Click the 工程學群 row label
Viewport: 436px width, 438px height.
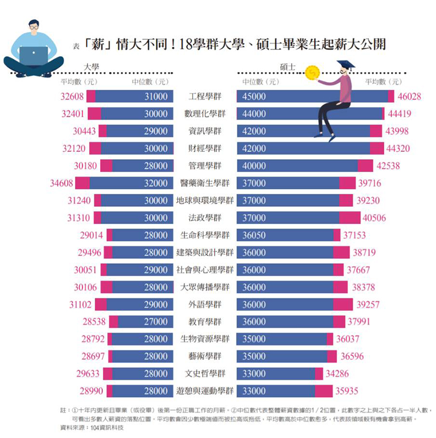[205, 96]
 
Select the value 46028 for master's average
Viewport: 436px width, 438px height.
[409, 96]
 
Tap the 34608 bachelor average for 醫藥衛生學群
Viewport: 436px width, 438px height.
[61, 183]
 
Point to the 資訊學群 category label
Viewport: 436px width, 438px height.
[205, 131]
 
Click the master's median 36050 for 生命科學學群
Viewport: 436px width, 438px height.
[254, 236]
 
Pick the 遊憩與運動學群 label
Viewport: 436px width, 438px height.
[205, 391]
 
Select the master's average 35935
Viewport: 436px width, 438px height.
[346, 391]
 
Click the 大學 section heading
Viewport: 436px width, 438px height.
[91, 67]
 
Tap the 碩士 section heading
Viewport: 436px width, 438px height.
[287, 67]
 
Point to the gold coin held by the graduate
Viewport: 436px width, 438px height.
[313, 72]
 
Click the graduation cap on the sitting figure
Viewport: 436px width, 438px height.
[346, 65]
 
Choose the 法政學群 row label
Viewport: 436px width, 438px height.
[205, 218]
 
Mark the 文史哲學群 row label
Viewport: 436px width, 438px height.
[205, 374]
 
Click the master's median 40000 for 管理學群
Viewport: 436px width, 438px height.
[254, 166]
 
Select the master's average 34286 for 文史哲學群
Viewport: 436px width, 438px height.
[337, 374]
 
